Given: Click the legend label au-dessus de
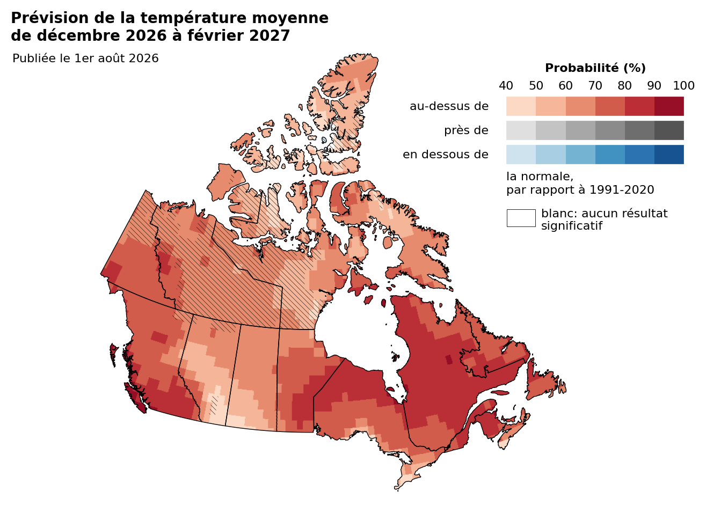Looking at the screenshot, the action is (449, 106).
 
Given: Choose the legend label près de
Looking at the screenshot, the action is (466, 130).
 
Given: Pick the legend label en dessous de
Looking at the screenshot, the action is (446, 155).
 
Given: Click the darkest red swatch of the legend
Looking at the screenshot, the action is (669, 106).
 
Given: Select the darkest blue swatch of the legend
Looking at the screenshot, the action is (669, 155).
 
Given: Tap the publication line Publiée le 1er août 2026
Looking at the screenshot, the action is (85, 58).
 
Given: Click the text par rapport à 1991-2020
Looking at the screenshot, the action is (580, 190).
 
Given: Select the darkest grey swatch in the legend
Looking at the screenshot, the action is (669, 130).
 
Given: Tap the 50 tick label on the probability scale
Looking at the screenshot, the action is (536, 86).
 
